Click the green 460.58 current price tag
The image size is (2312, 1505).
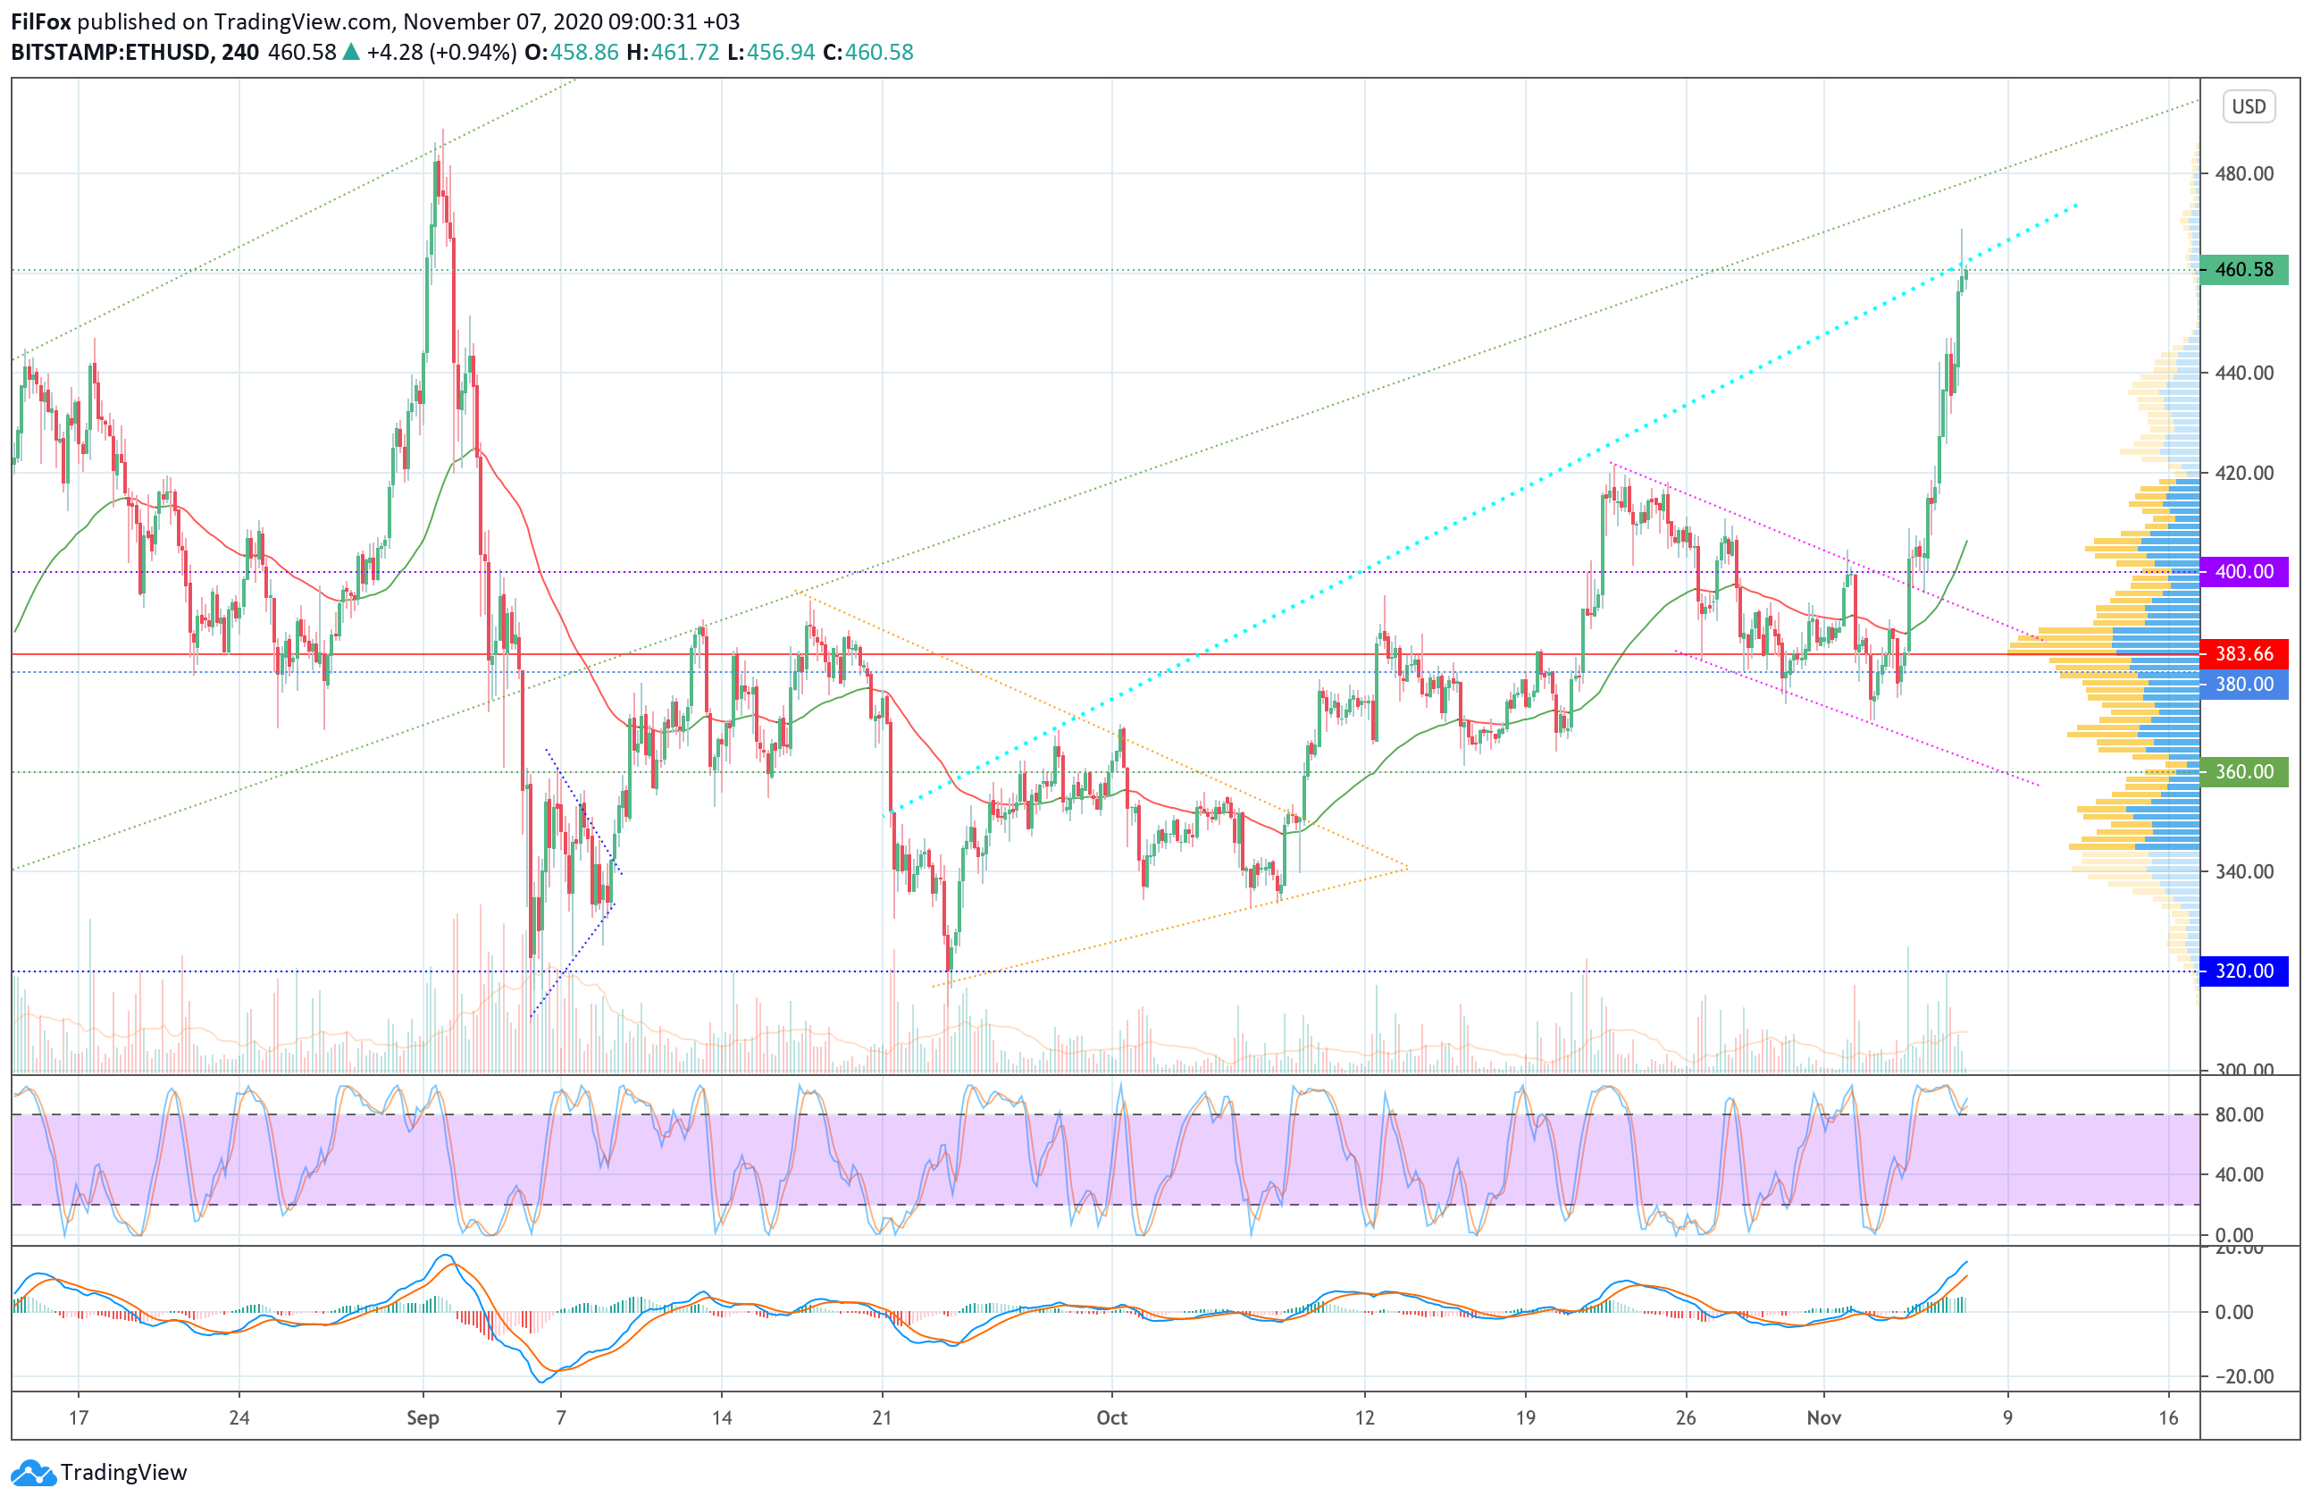pos(2243,269)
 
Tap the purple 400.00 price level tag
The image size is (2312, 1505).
pos(2243,571)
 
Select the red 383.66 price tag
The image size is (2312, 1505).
pos(2243,654)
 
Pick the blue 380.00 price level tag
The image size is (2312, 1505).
pos(2243,684)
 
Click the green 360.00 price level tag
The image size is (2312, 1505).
pos(2243,771)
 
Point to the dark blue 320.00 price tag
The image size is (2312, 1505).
pos(2243,971)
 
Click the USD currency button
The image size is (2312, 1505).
pos(2248,105)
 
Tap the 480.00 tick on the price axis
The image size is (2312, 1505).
pos(2243,174)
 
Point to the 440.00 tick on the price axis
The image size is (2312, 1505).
pos(2243,373)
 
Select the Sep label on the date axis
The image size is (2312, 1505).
pos(423,1417)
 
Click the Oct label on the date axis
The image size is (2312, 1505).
pos(1111,1417)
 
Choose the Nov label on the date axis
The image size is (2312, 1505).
pos(1823,1417)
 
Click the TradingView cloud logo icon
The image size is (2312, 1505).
pos(34,1473)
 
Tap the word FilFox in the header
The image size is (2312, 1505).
pos(41,21)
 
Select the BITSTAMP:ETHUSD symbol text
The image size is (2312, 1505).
pos(111,53)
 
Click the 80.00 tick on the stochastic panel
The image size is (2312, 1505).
pos(2239,1114)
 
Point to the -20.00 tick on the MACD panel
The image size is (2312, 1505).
pos(2239,1375)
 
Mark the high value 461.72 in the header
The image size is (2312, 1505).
pos(685,53)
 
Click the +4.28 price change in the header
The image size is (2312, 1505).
pos(394,53)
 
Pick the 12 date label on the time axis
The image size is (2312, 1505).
pos(1365,1417)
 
